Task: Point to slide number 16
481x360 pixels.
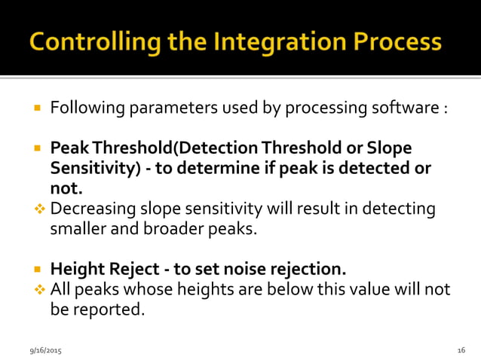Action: pos(461,351)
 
